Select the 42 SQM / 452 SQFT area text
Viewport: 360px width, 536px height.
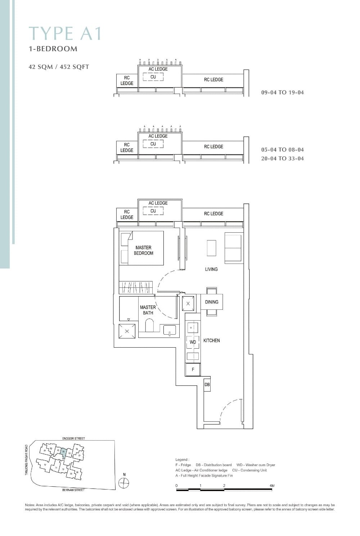click(59, 67)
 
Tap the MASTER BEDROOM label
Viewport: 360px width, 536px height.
click(143, 250)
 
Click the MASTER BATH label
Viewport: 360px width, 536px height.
click(148, 310)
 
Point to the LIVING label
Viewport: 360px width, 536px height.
click(211, 269)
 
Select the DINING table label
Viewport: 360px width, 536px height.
click(212, 302)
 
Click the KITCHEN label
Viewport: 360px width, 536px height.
click(211, 340)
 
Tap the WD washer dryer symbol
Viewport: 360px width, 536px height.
click(193, 342)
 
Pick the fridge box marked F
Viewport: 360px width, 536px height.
click(193, 370)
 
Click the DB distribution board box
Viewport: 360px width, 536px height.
click(207, 385)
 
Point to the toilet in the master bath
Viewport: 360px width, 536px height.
click(149, 327)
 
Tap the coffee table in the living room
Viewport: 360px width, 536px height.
click(211, 248)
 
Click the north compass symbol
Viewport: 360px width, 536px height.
click(124, 483)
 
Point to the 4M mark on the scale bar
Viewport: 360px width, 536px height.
click(272, 486)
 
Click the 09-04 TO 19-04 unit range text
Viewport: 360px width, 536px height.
click(282, 92)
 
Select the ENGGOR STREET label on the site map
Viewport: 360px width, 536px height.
click(73, 438)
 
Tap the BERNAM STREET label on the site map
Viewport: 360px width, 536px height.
click(73, 490)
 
